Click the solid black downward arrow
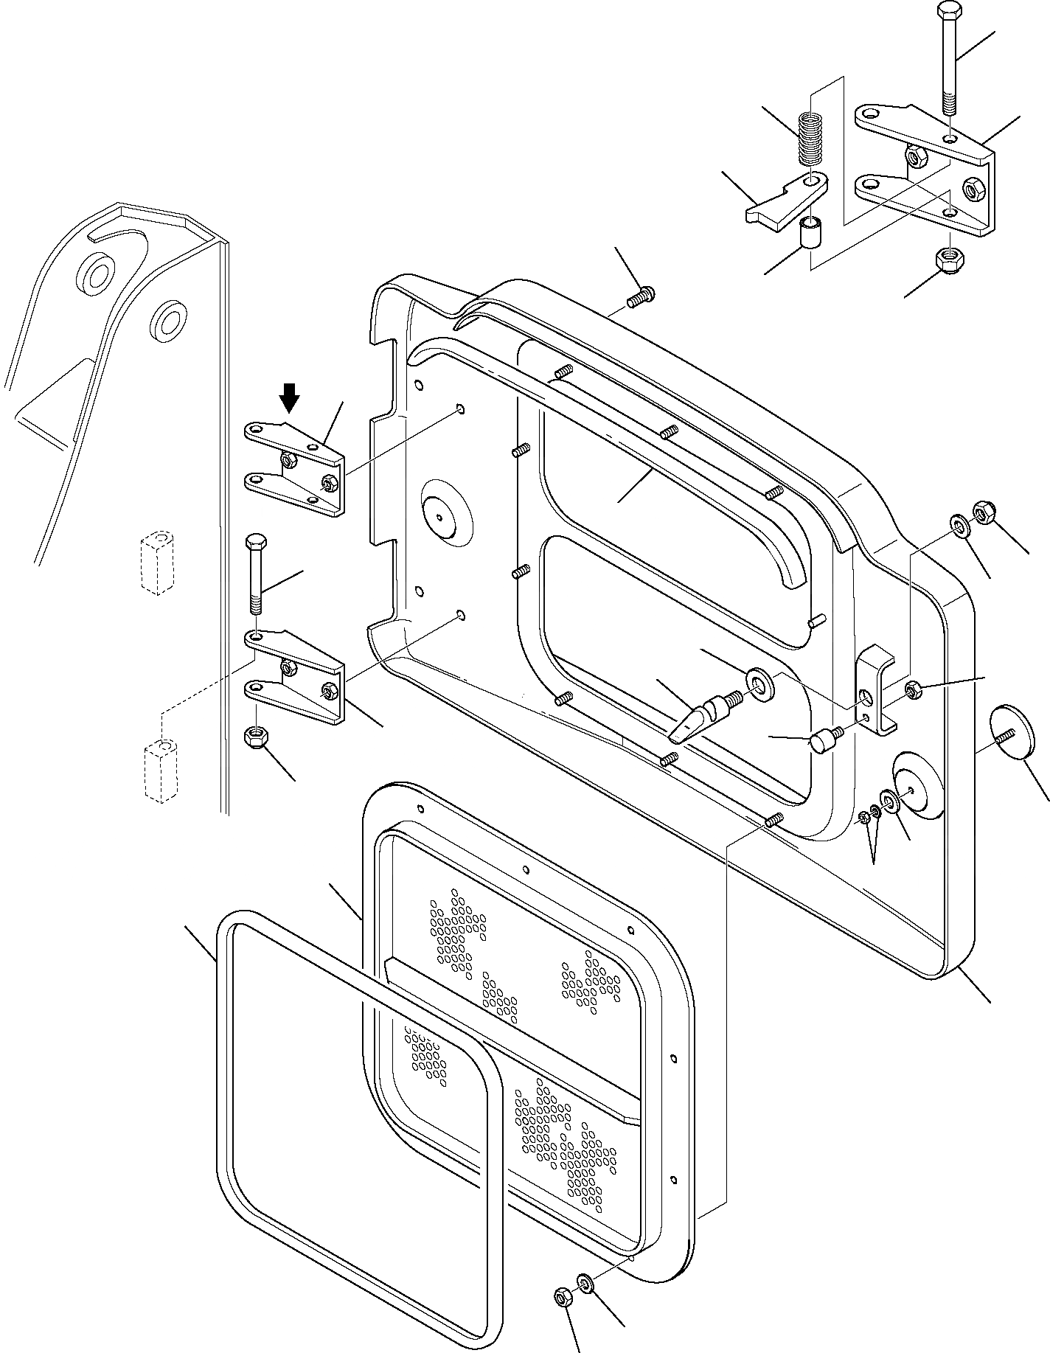click(291, 397)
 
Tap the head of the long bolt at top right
click(948, 13)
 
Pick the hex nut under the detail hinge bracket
click(946, 259)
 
